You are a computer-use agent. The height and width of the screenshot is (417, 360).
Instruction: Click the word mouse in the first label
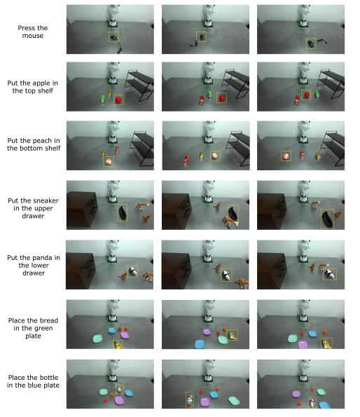pos(33,36)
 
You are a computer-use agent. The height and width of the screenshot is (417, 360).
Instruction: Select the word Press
pos(25,28)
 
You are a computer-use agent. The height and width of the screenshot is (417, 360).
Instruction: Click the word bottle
pos(48,378)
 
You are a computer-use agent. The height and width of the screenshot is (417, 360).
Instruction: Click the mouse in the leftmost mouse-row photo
pos(114,38)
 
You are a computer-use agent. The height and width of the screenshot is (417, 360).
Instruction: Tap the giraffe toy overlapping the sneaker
pos(230,221)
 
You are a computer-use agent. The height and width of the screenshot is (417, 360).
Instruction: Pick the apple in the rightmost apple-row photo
pos(307,95)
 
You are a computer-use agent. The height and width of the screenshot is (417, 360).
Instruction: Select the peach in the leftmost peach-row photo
pos(109,161)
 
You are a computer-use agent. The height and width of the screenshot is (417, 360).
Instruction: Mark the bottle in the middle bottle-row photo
pos(190,400)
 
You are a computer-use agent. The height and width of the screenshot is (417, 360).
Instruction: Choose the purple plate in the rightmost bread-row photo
pos(303,345)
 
